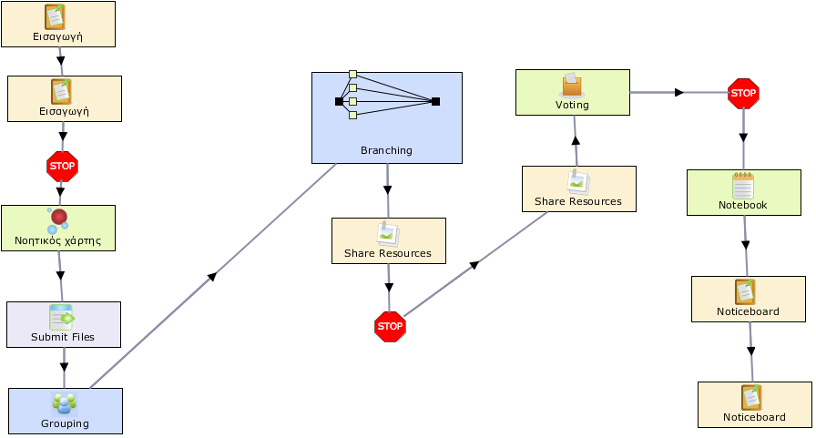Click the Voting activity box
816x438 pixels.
573,93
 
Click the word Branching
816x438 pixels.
386,150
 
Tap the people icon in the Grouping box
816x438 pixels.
65,403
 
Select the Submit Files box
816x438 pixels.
64,324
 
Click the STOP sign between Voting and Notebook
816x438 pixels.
743,94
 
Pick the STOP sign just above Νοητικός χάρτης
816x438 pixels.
63,167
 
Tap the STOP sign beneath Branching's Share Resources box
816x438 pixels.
390,327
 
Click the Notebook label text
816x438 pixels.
742,205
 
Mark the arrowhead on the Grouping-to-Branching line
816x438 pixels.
211,276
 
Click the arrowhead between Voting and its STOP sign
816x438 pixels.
678,93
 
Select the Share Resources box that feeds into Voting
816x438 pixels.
578,188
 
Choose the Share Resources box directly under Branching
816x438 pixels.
389,240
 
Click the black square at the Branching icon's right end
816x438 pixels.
435,101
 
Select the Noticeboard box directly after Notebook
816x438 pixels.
749,299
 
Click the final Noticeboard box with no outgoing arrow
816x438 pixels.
755,404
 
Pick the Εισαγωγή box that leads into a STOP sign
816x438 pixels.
65,99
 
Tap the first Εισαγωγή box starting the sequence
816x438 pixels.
58,24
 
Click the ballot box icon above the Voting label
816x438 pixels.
572,85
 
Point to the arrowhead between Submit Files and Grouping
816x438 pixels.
64,367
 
